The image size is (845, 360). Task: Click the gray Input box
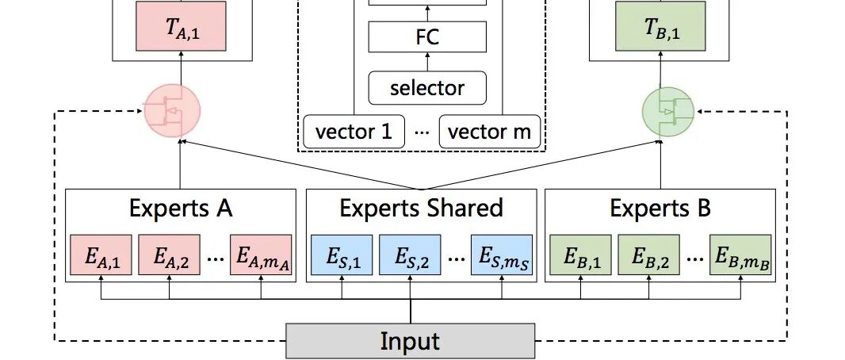coord(410,342)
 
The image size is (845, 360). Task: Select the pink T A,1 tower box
coord(181,28)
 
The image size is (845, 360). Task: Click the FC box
coord(426,37)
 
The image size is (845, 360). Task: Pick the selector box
coord(426,88)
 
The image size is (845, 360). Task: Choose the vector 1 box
coord(354,131)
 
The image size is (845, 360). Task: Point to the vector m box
coord(490,131)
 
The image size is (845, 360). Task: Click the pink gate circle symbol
coord(172,111)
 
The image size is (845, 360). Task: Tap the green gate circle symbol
coord(668,111)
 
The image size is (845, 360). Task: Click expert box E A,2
coord(169,255)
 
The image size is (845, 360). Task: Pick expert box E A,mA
coord(261,255)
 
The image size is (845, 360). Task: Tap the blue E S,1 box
coord(342,255)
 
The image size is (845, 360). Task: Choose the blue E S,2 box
coord(410,255)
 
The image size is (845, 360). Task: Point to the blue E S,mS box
coord(503,255)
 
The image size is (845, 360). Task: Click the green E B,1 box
coord(580,255)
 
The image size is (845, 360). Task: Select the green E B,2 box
coord(648,255)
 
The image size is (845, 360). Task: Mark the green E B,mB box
coord(740,255)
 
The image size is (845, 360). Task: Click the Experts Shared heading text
coord(421,209)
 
